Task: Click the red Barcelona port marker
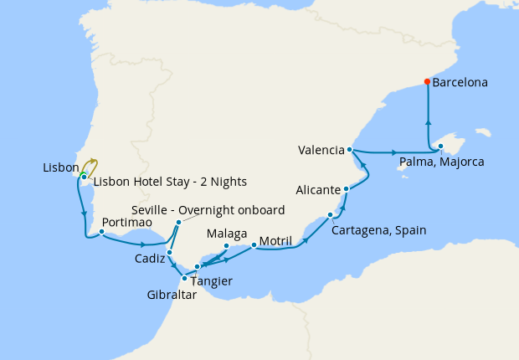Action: pyautogui.click(x=427, y=82)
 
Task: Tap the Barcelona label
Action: pyautogui.click(x=460, y=83)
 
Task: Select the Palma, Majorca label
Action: pyautogui.click(x=440, y=161)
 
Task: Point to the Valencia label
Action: pyautogui.click(x=321, y=151)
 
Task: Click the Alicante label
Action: pyautogui.click(x=317, y=189)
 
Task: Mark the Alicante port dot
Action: pyautogui.click(x=345, y=189)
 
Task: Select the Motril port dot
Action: pyautogui.click(x=254, y=245)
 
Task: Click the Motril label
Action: pyautogui.click(x=275, y=241)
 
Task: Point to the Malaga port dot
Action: pyautogui.click(x=227, y=245)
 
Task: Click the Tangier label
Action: pyautogui.click(x=212, y=280)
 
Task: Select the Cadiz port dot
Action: pyautogui.click(x=169, y=252)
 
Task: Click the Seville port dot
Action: pyautogui.click(x=178, y=223)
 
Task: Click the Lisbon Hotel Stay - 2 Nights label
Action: pyautogui.click(x=170, y=181)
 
